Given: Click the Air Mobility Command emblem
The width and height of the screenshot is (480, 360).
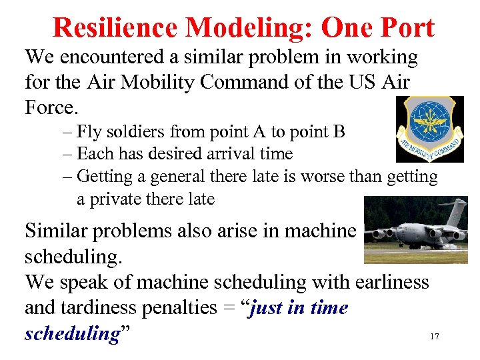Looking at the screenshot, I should pyautogui.click(x=429, y=129).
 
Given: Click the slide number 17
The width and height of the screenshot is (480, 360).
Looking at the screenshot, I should pyautogui.click(x=435, y=337).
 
